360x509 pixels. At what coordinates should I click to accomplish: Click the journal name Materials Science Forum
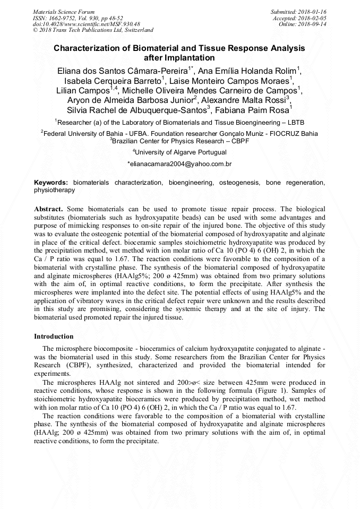[x=64, y=11]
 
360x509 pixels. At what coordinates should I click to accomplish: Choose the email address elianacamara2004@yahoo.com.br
[x=181, y=165]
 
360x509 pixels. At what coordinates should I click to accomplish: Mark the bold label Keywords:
[x=51, y=183]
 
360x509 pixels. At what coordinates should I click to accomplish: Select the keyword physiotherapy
[x=55, y=189]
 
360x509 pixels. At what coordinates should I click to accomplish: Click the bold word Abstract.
[x=48, y=210]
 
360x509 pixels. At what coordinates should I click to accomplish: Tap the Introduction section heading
[x=54, y=337]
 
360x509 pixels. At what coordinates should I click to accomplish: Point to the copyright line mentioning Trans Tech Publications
[x=93, y=30]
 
